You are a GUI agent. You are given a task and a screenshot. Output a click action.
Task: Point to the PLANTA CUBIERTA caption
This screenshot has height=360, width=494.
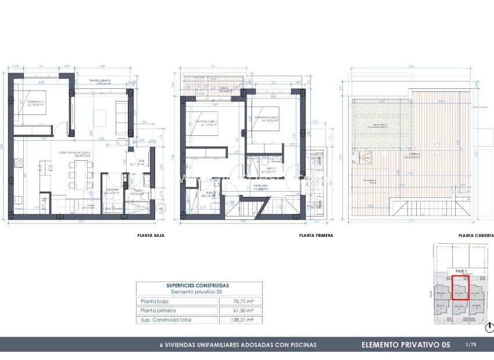pos(475,236)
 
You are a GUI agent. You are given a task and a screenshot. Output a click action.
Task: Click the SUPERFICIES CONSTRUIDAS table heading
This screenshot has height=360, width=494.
pos(198,286)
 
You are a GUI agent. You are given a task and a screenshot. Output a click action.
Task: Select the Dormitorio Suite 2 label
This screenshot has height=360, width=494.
pos(266,119)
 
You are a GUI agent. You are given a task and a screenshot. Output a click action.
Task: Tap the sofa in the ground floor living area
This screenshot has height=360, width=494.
pos(122,116)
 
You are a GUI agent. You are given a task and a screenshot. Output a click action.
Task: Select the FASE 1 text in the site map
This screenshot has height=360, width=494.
pos(461,271)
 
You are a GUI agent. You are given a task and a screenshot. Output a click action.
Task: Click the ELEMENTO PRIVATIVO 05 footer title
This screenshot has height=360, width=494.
pos(406,345)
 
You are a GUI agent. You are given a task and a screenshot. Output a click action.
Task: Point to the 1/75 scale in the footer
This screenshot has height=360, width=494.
pos(471,345)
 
